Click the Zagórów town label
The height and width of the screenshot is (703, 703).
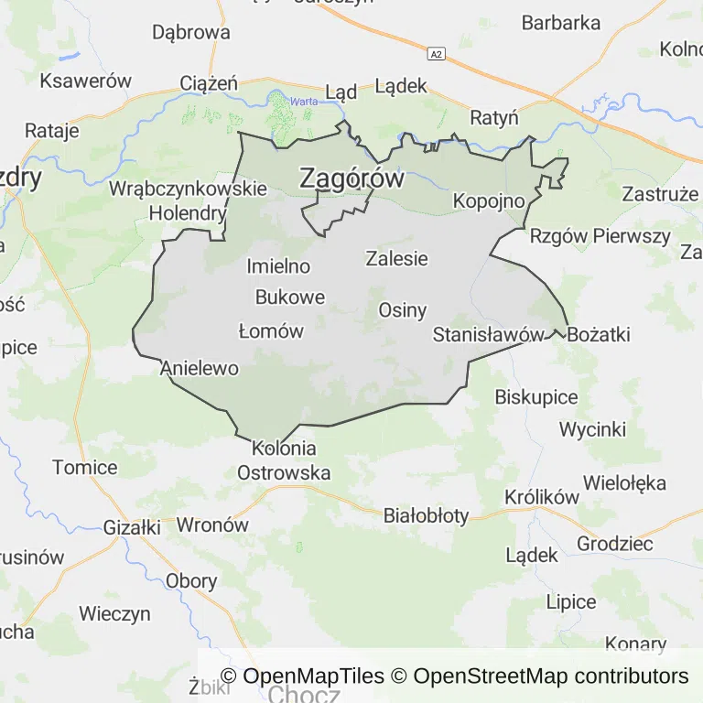tap(351, 178)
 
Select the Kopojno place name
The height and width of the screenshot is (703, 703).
tap(489, 200)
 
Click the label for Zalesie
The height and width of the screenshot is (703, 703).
tap(396, 258)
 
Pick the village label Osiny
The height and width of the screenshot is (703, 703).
tap(403, 309)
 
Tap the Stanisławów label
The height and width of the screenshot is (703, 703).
tap(488, 334)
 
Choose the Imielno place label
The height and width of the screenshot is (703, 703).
tap(278, 267)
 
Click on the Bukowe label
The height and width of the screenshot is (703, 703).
tap(290, 297)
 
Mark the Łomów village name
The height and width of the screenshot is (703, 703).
tap(270, 331)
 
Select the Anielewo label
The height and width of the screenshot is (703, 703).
tap(199, 369)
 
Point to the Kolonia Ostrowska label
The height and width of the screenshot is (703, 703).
tap(284, 461)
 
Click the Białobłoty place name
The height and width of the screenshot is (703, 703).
tap(426, 515)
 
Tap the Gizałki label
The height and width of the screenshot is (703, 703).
tap(132, 528)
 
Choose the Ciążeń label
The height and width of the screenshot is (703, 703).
tap(209, 84)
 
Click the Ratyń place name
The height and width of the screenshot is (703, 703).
tap(494, 118)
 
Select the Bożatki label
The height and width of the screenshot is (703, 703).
tap(599, 334)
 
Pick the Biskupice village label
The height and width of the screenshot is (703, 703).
tap(536, 397)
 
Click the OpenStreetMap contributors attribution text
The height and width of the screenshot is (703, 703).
tap(550, 676)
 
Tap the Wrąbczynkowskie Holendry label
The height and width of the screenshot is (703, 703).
tap(188, 201)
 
